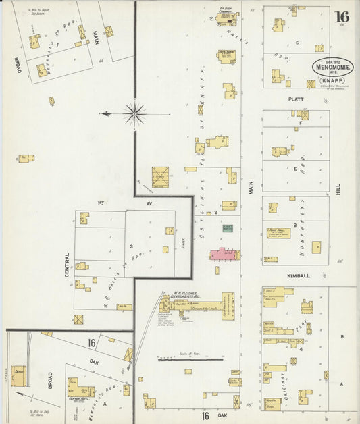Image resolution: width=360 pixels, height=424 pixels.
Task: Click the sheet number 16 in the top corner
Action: pyautogui.click(x=341, y=16)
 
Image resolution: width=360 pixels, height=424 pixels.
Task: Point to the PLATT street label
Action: pyautogui.click(x=296, y=99)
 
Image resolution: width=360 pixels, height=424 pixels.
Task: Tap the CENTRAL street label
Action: pyautogui.click(x=67, y=265)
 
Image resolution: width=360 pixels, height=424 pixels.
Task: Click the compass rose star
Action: pyautogui.click(x=134, y=113)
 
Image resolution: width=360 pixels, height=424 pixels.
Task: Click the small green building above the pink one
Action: pyautogui.click(x=228, y=229)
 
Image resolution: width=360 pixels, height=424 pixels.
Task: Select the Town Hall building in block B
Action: pyautogui.click(x=278, y=233)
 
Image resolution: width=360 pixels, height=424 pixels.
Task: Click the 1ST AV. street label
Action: pyautogui.click(x=100, y=202)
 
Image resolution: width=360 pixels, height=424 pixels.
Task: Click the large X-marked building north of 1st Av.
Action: pyautogui.click(x=160, y=177)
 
